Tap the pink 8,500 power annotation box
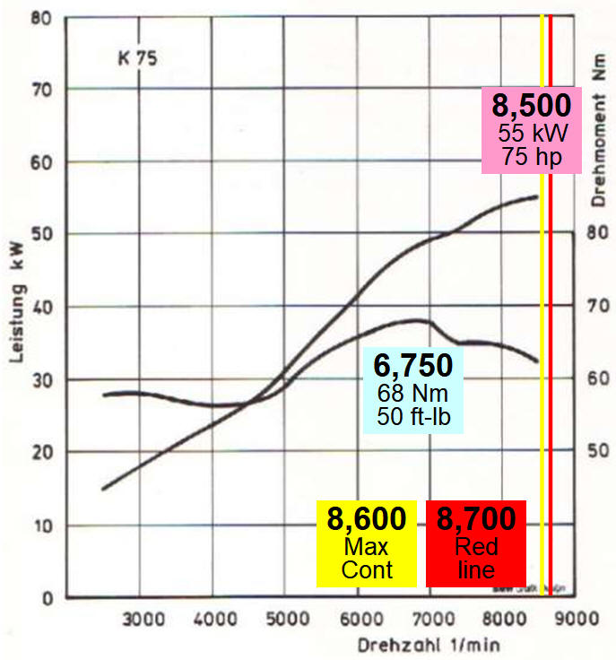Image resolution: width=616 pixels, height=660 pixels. pyautogui.click(x=531, y=130)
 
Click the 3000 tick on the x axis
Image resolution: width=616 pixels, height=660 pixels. pyautogui.click(x=141, y=619)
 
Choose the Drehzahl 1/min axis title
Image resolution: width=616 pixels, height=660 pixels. pyautogui.click(x=429, y=644)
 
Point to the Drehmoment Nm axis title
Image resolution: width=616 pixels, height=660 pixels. pyautogui.click(x=599, y=128)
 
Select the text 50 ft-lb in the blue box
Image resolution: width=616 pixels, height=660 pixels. pyautogui.click(x=412, y=415)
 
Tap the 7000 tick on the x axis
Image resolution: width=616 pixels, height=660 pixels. pyautogui.click(x=430, y=619)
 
